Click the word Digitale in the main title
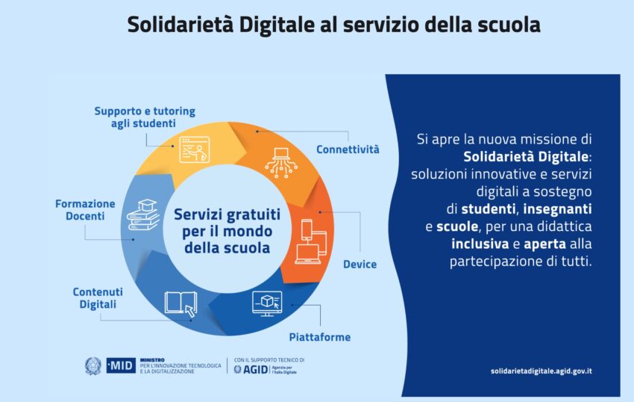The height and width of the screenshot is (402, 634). coord(277,25)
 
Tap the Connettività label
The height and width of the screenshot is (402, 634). coord(348,149)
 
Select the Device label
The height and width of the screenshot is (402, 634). coord(360,265)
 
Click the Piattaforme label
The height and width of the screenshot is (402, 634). coord(320,337)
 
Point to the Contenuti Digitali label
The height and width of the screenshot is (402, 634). coord(98,298)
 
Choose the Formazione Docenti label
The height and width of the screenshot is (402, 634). coord(85,209)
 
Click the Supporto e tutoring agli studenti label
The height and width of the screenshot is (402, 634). coord(145,117)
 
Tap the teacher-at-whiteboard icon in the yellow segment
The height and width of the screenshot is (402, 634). coord(195,149)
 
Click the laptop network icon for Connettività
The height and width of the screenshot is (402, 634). coord(281,163)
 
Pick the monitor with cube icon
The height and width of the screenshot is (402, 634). coord(267,303)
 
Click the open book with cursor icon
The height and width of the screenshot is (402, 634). coord(181,304)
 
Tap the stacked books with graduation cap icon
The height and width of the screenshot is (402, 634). coord(143,214)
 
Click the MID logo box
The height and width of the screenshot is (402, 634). coord(121,365)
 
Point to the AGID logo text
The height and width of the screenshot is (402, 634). coord(256,369)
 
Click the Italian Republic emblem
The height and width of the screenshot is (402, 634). coord(93,365)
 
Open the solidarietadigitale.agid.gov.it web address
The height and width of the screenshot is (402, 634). coord(542,371)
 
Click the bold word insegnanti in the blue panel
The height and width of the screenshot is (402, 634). coord(558,208)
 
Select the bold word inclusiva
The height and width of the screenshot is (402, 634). coord(480,244)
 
